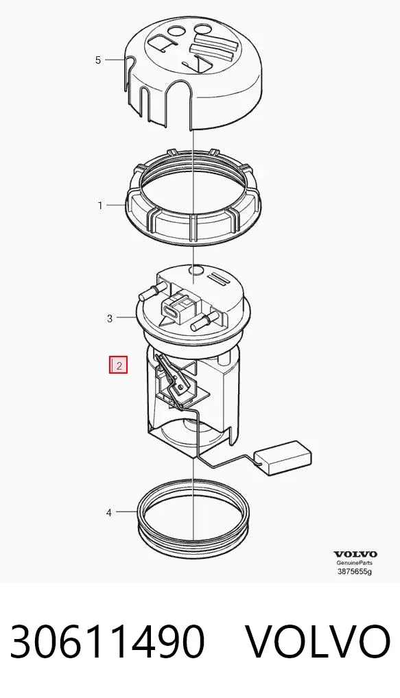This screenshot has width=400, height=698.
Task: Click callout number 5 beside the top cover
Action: [x=98, y=60]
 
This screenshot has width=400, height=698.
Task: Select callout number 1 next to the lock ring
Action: [x=100, y=206]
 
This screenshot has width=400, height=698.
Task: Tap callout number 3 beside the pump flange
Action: [x=110, y=319]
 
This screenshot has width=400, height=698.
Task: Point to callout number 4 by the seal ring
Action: [x=109, y=512]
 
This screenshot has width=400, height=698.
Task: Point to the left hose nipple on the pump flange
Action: [x=149, y=292]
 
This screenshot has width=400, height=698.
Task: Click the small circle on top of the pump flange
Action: [x=196, y=269]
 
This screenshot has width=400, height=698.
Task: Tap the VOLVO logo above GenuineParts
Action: [x=355, y=554]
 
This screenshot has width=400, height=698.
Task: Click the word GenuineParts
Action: [x=355, y=563]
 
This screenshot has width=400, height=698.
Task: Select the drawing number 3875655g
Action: [x=355, y=572]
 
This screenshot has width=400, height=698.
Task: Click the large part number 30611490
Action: [x=107, y=641]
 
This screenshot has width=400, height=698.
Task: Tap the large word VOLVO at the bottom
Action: [x=318, y=641]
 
